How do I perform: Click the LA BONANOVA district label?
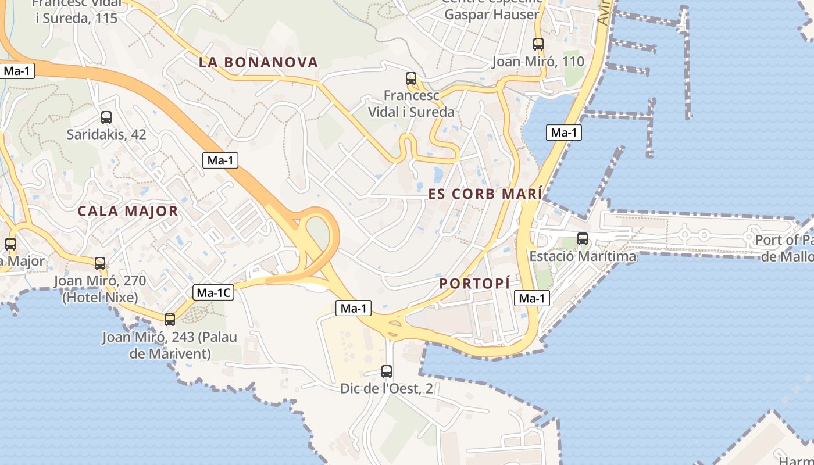click(258, 62)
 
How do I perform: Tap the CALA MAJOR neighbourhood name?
click(128, 211)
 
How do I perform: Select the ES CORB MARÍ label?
click(485, 194)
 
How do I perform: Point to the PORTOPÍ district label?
click(474, 284)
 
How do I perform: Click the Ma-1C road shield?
click(213, 293)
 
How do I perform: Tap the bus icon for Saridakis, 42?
click(106, 117)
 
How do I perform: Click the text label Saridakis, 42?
click(106, 134)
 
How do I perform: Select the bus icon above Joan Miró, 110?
click(538, 44)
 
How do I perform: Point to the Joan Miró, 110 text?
click(538, 62)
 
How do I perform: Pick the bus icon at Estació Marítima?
click(582, 239)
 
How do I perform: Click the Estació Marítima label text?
click(582, 256)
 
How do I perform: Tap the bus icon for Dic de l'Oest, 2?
click(387, 371)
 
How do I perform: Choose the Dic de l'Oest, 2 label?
click(387, 388)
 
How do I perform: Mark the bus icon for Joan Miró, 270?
click(100, 263)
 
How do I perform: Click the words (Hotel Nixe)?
click(100, 298)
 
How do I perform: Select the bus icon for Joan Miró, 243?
click(170, 320)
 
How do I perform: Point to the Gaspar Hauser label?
click(491, 15)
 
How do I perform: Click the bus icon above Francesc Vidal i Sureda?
click(411, 78)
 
